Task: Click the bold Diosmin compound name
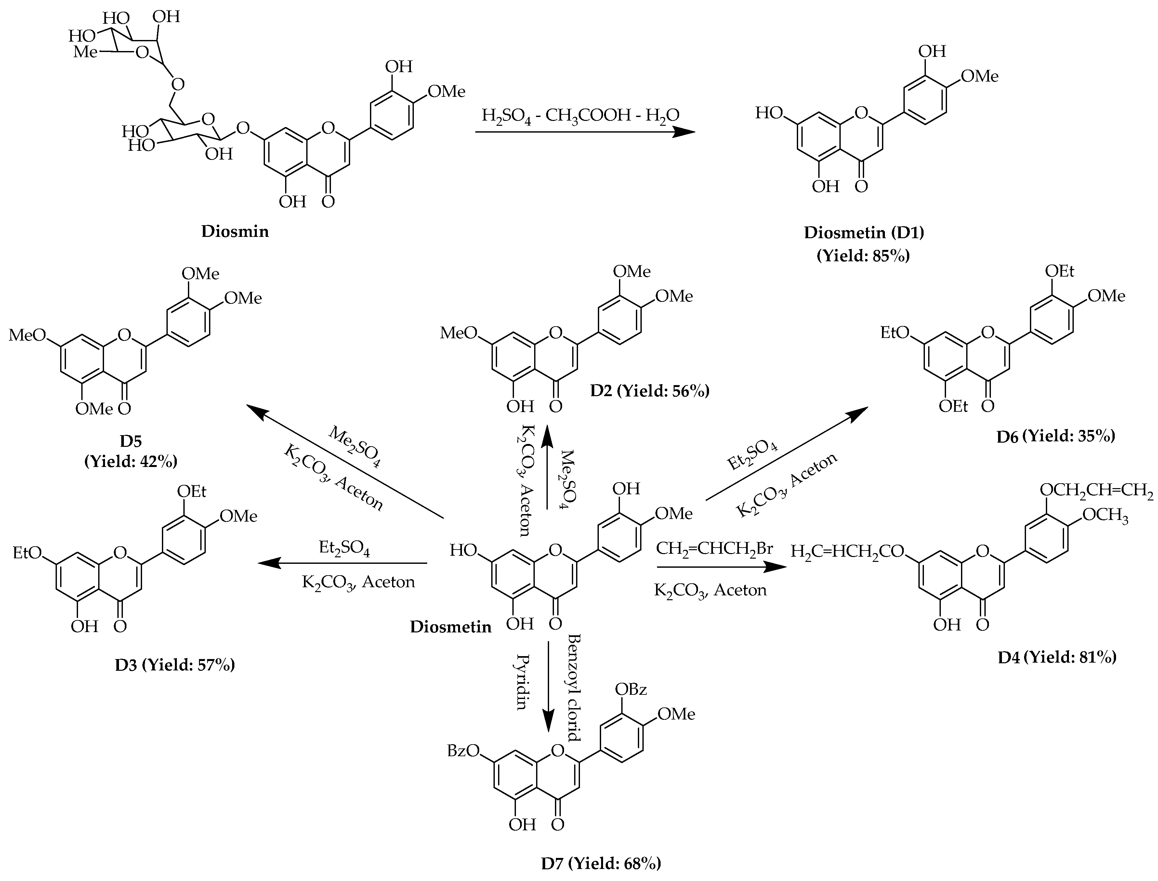235,231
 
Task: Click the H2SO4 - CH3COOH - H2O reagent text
581,114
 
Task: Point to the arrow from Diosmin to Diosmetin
585,132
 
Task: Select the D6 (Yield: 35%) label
1056,436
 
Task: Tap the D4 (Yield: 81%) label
1057,657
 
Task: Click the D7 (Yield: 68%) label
601,863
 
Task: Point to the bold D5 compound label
131,441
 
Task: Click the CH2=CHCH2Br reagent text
714,549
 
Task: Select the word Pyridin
521,681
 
